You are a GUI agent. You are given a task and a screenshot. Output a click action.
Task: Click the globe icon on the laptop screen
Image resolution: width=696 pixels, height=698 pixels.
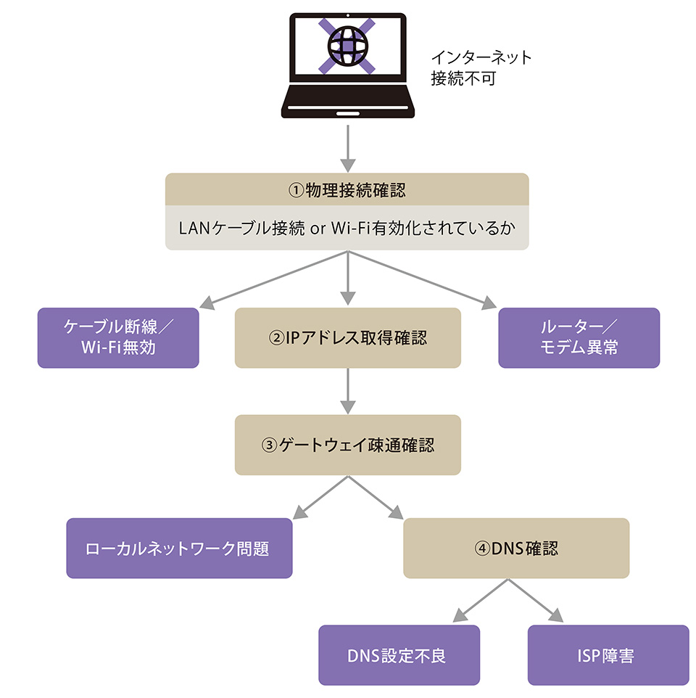(347, 45)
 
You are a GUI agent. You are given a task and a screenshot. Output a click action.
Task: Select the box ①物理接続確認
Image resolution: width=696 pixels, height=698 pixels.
(347, 190)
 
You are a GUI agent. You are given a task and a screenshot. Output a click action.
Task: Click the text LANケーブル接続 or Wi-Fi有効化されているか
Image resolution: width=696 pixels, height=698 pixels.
(347, 228)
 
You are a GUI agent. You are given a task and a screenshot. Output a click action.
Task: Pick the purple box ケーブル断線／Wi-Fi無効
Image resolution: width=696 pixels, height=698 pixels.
(118, 337)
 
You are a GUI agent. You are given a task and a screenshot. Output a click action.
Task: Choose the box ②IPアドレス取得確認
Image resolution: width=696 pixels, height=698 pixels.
(347, 337)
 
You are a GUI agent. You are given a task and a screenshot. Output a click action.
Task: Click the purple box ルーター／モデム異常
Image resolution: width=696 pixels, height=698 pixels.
(579, 337)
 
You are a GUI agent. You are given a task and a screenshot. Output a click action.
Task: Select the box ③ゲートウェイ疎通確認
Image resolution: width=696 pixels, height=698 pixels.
(347, 444)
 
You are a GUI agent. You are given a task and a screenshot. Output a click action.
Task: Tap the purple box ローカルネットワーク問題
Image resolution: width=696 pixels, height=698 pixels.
(179, 548)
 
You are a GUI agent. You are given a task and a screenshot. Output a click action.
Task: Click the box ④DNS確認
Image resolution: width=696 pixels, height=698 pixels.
(515, 548)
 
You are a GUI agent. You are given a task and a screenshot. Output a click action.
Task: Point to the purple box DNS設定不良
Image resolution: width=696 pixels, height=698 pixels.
(399, 655)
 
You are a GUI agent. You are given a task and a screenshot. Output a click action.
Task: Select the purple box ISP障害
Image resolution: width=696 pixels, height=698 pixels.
(608, 655)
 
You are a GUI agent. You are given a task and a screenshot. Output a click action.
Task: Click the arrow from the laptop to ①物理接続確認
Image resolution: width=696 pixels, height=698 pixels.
(348, 148)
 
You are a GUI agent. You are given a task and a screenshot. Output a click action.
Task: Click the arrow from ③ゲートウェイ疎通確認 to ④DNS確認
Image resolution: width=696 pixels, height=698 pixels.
(377, 498)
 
